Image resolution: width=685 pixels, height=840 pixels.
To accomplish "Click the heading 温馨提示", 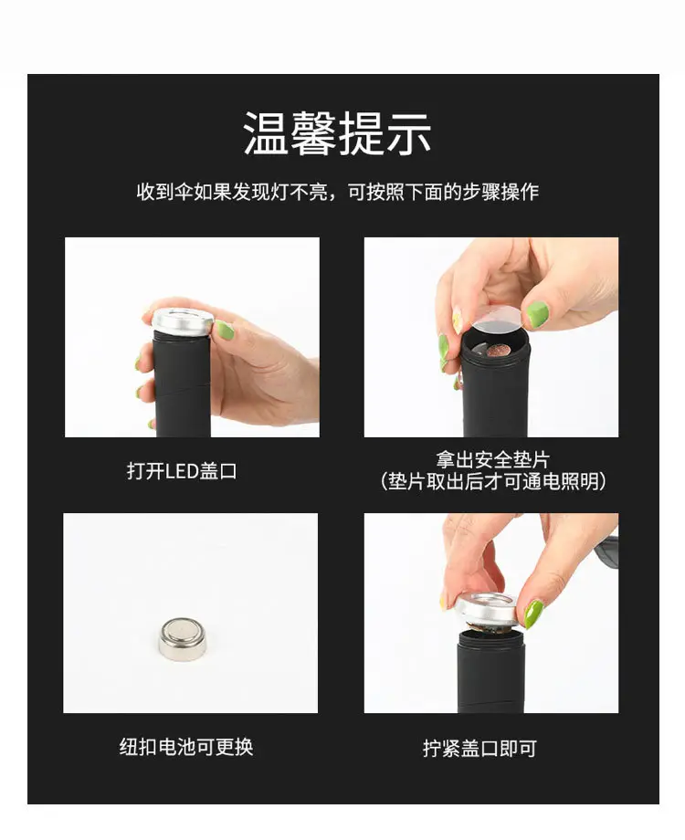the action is pos(337,133).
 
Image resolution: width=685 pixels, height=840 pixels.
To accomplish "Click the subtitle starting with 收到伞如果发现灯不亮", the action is pos(338,191).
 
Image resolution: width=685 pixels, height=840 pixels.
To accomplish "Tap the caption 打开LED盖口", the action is pos(182,471).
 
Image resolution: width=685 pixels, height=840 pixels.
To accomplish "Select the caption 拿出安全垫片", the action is pos(492,459).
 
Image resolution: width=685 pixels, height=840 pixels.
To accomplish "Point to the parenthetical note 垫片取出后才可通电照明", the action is pos(493,481).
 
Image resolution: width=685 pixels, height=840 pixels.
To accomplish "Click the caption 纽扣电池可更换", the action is pos(186,746).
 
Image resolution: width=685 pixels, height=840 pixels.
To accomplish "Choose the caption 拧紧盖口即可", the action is pos(479,748).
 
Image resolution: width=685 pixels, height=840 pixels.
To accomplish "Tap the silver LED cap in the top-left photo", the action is pos(180,322).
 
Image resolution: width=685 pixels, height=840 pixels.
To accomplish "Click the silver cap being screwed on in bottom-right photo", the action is pos(488,610).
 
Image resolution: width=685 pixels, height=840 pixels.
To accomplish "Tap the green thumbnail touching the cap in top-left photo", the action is pos(221,330).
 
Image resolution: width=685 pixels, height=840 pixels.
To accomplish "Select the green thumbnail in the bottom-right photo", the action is pos(532,614).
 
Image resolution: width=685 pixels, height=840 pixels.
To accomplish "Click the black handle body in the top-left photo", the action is pos(181,384).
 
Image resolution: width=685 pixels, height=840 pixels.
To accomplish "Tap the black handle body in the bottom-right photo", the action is pos(489,672).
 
